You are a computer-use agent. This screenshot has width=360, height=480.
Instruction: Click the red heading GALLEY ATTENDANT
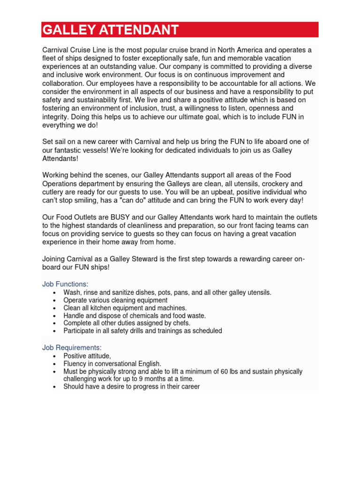pos(111,30)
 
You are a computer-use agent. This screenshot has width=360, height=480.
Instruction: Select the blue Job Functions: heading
pos(65,284)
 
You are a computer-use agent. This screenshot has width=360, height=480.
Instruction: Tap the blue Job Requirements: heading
pos(72,347)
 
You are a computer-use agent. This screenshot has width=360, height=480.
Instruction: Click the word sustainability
pos(106,100)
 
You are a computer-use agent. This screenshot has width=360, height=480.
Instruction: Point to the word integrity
pos(56,117)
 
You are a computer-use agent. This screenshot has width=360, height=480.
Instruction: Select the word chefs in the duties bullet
pos(179,323)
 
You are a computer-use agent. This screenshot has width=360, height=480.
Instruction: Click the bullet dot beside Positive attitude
pos(55,356)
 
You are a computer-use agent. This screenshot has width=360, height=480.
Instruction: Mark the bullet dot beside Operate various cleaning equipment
pos(55,300)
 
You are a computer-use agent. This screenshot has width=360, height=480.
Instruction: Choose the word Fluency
pos(75,364)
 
